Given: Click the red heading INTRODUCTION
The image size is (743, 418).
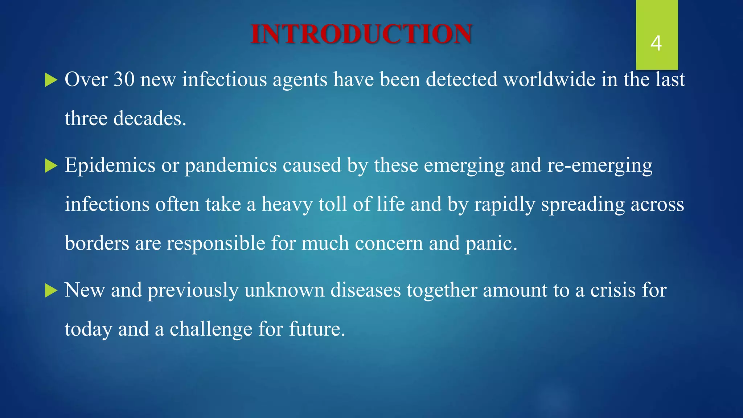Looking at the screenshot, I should pyautogui.click(x=361, y=34).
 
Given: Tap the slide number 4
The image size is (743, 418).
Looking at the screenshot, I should pyautogui.click(x=656, y=43).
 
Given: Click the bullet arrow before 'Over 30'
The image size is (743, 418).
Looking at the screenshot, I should pyautogui.click(x=51, y=80).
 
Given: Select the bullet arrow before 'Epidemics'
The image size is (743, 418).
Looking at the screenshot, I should pyautogui.click(x=51, y=166).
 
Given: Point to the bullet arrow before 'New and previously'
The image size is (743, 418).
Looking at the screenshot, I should pyautogui.click(x=51, y=291).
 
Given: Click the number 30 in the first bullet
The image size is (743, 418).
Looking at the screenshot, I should pyautogui.click(x=124, y=79).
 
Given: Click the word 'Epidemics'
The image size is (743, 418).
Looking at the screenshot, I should pyautogui.click(x=110, y=165).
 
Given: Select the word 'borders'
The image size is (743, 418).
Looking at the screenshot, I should pyautogui.click(x=97, y=243).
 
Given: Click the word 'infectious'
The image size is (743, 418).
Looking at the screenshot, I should pyautogui.click(x=224, y=79).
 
